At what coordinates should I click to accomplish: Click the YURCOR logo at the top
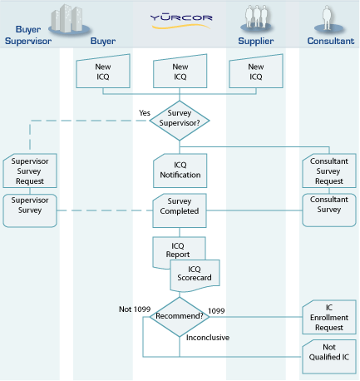pyautogui.click(x=180, y=17)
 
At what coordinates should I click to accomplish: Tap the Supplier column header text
pyautogui.click(x=255, y=40)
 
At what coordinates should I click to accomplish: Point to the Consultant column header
pyautogui.click(x=330, y=40)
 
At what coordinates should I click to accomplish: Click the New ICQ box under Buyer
pyautogui.click(x=102, y=72)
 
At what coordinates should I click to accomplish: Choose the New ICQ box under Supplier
pyautogui.click(x=256, y=72)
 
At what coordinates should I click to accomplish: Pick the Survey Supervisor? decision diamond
pyautogui.click(x=180, y=119)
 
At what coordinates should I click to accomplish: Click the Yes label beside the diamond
pyautogui.click(x=145, y=112)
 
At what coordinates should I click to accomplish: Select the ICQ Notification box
pyautogui.click(x=180, y=170)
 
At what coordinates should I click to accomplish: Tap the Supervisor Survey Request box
pyautogui.click(x=28, y=170)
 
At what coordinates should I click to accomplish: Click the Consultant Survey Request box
pyautogui.click(x=328, y=170)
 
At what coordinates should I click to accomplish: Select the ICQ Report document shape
pyautogui.click(x=175, y=249)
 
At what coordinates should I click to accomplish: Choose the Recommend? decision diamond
pyautogui.click(x=180, y=316)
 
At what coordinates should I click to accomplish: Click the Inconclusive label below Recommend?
pyautogui.click(x=208, y=337)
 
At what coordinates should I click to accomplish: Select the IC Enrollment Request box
pyautogui.click(x=328, y=317)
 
